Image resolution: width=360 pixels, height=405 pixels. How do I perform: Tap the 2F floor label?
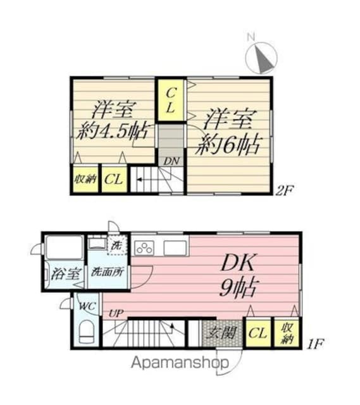point(283,189)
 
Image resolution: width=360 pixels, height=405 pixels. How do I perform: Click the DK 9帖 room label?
point(237,277)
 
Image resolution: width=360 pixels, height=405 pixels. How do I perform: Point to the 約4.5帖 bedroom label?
point(113,120)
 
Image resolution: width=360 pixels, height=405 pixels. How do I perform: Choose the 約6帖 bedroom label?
point(230,132)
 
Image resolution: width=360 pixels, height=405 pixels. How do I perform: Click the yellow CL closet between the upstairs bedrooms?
point(170,100)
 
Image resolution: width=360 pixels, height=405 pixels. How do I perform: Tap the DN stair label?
point(171,161)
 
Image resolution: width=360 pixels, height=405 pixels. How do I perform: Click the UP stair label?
point(115,312)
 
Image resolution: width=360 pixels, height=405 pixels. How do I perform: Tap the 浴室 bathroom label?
point(63,275)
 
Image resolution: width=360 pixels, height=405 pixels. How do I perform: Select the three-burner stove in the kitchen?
point(145,247)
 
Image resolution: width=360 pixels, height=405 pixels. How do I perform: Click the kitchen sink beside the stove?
point(175,247)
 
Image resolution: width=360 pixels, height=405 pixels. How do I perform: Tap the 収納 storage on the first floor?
point(288,332)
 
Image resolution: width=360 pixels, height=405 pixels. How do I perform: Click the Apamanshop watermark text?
point(180,363)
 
